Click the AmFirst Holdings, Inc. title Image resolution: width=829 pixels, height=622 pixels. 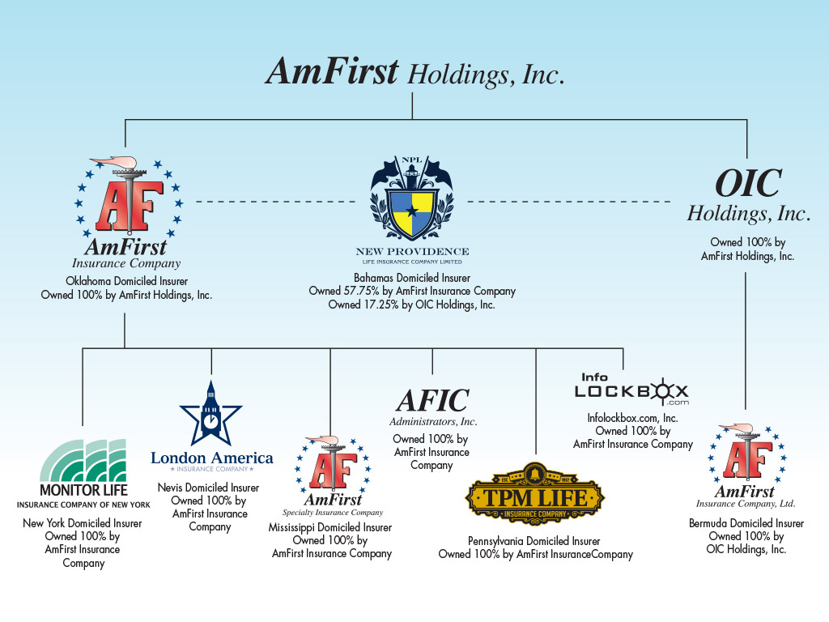point(414,73)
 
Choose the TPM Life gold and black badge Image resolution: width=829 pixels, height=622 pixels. point(535,495)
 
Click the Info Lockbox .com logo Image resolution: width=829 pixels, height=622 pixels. point(631,390)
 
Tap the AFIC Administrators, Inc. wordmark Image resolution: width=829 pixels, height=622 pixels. point(432,407)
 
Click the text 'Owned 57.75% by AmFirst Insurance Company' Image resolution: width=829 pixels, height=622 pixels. point(412,291)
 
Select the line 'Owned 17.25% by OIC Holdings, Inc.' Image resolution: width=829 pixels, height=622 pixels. point(412,305)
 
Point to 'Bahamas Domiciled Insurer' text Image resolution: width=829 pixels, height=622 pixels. point(412,277)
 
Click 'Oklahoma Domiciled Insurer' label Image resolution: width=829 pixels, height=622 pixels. point(126,281)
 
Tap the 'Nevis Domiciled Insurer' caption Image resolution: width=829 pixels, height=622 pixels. point(209,488)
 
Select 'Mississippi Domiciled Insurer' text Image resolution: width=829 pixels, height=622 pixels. point(330,527)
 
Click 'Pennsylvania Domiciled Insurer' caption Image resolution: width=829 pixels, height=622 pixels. point(535,541)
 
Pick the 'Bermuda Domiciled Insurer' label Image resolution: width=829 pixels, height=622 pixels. point(746,523)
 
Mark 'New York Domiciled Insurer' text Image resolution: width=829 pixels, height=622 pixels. point(83,523)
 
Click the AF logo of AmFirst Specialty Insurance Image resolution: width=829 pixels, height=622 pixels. point(331,467)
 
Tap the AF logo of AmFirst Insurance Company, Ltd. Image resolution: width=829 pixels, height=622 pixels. point(746,455)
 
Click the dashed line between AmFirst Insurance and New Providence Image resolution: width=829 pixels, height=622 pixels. point(275,201)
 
